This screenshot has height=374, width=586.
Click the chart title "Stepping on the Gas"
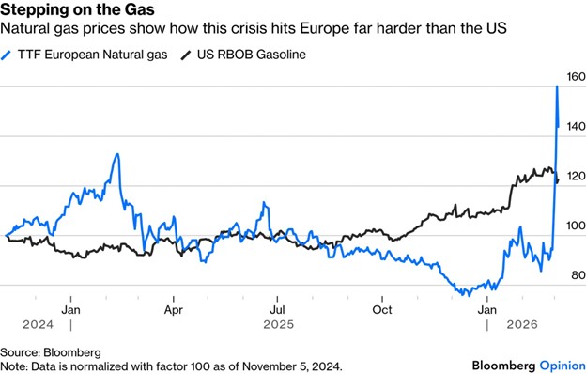point(77,9)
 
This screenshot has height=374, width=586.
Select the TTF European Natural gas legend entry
point(85,55)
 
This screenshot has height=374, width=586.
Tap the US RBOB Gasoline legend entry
point(243,55)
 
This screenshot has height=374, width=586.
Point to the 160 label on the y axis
point(576,77)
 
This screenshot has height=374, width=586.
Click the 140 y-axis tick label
point(576,127)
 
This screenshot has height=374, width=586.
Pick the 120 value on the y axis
point(576,176)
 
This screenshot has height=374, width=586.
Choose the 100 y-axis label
point(576,226)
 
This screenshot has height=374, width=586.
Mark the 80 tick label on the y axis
point(578,275)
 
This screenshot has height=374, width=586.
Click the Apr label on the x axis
point(174,310)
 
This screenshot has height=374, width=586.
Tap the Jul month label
point(277,310)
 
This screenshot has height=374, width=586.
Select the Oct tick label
point(382,310)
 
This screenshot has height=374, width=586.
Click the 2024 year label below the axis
point(39,324)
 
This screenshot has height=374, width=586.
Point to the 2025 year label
point(278,324)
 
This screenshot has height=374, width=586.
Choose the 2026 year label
point(522,324)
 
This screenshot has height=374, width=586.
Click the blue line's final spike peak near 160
point(557,86)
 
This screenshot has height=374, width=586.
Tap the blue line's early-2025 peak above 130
point(117,154)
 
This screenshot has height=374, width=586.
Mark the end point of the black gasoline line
point(559,180)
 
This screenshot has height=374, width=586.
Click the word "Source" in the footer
point(20,352)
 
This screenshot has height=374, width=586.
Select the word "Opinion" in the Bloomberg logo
point(563,366)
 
